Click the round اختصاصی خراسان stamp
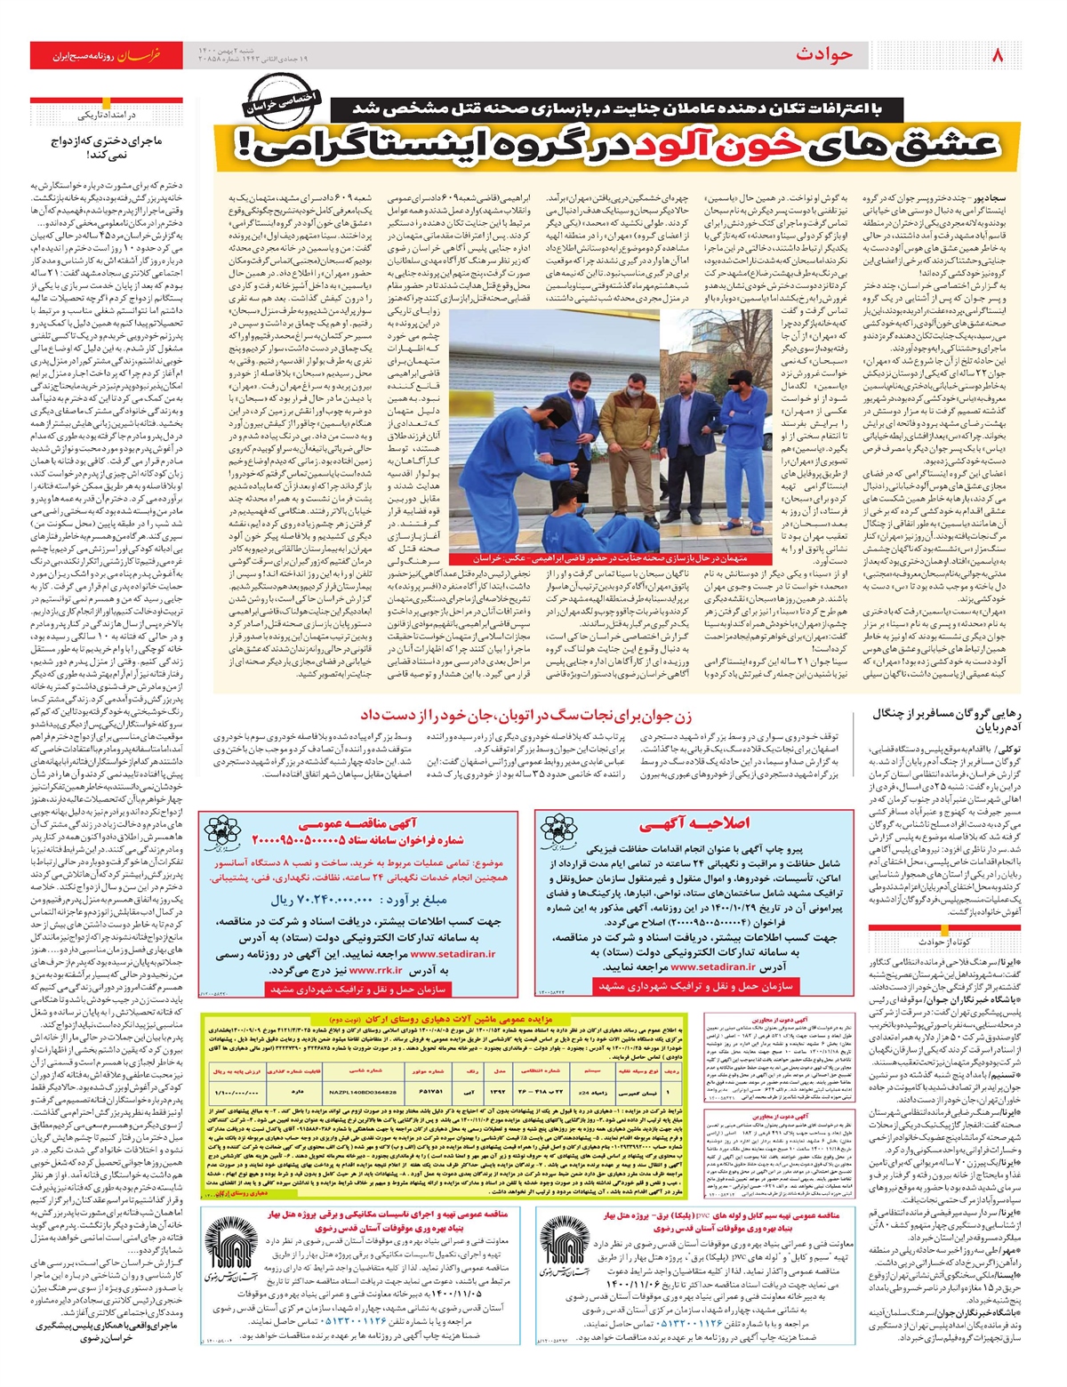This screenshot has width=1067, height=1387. [280, 105]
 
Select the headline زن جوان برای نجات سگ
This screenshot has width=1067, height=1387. [525, 714]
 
